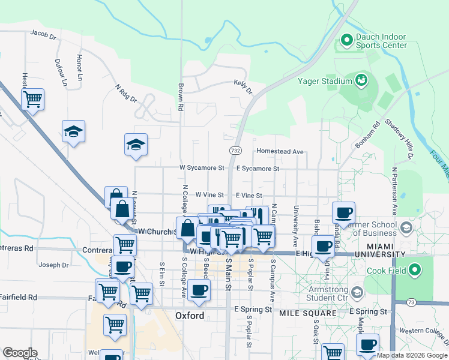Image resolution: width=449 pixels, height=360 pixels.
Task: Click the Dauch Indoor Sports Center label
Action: (381, 41)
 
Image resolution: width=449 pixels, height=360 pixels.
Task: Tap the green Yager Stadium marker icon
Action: (361, 79)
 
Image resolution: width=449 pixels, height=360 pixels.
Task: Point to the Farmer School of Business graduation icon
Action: (406, 228)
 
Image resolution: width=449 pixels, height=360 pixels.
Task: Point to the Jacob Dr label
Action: (43, 35)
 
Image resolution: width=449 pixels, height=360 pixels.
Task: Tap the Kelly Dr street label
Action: (243, 87)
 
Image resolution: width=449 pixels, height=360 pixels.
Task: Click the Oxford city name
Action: (190, 316)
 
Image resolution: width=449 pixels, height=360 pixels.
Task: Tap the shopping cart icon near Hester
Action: (32, 99)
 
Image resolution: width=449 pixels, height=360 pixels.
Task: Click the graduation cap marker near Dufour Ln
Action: (73, 131)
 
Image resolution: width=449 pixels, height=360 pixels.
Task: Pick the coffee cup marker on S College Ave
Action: (199, 290)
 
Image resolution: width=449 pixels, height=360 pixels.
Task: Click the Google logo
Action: (20, 353)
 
